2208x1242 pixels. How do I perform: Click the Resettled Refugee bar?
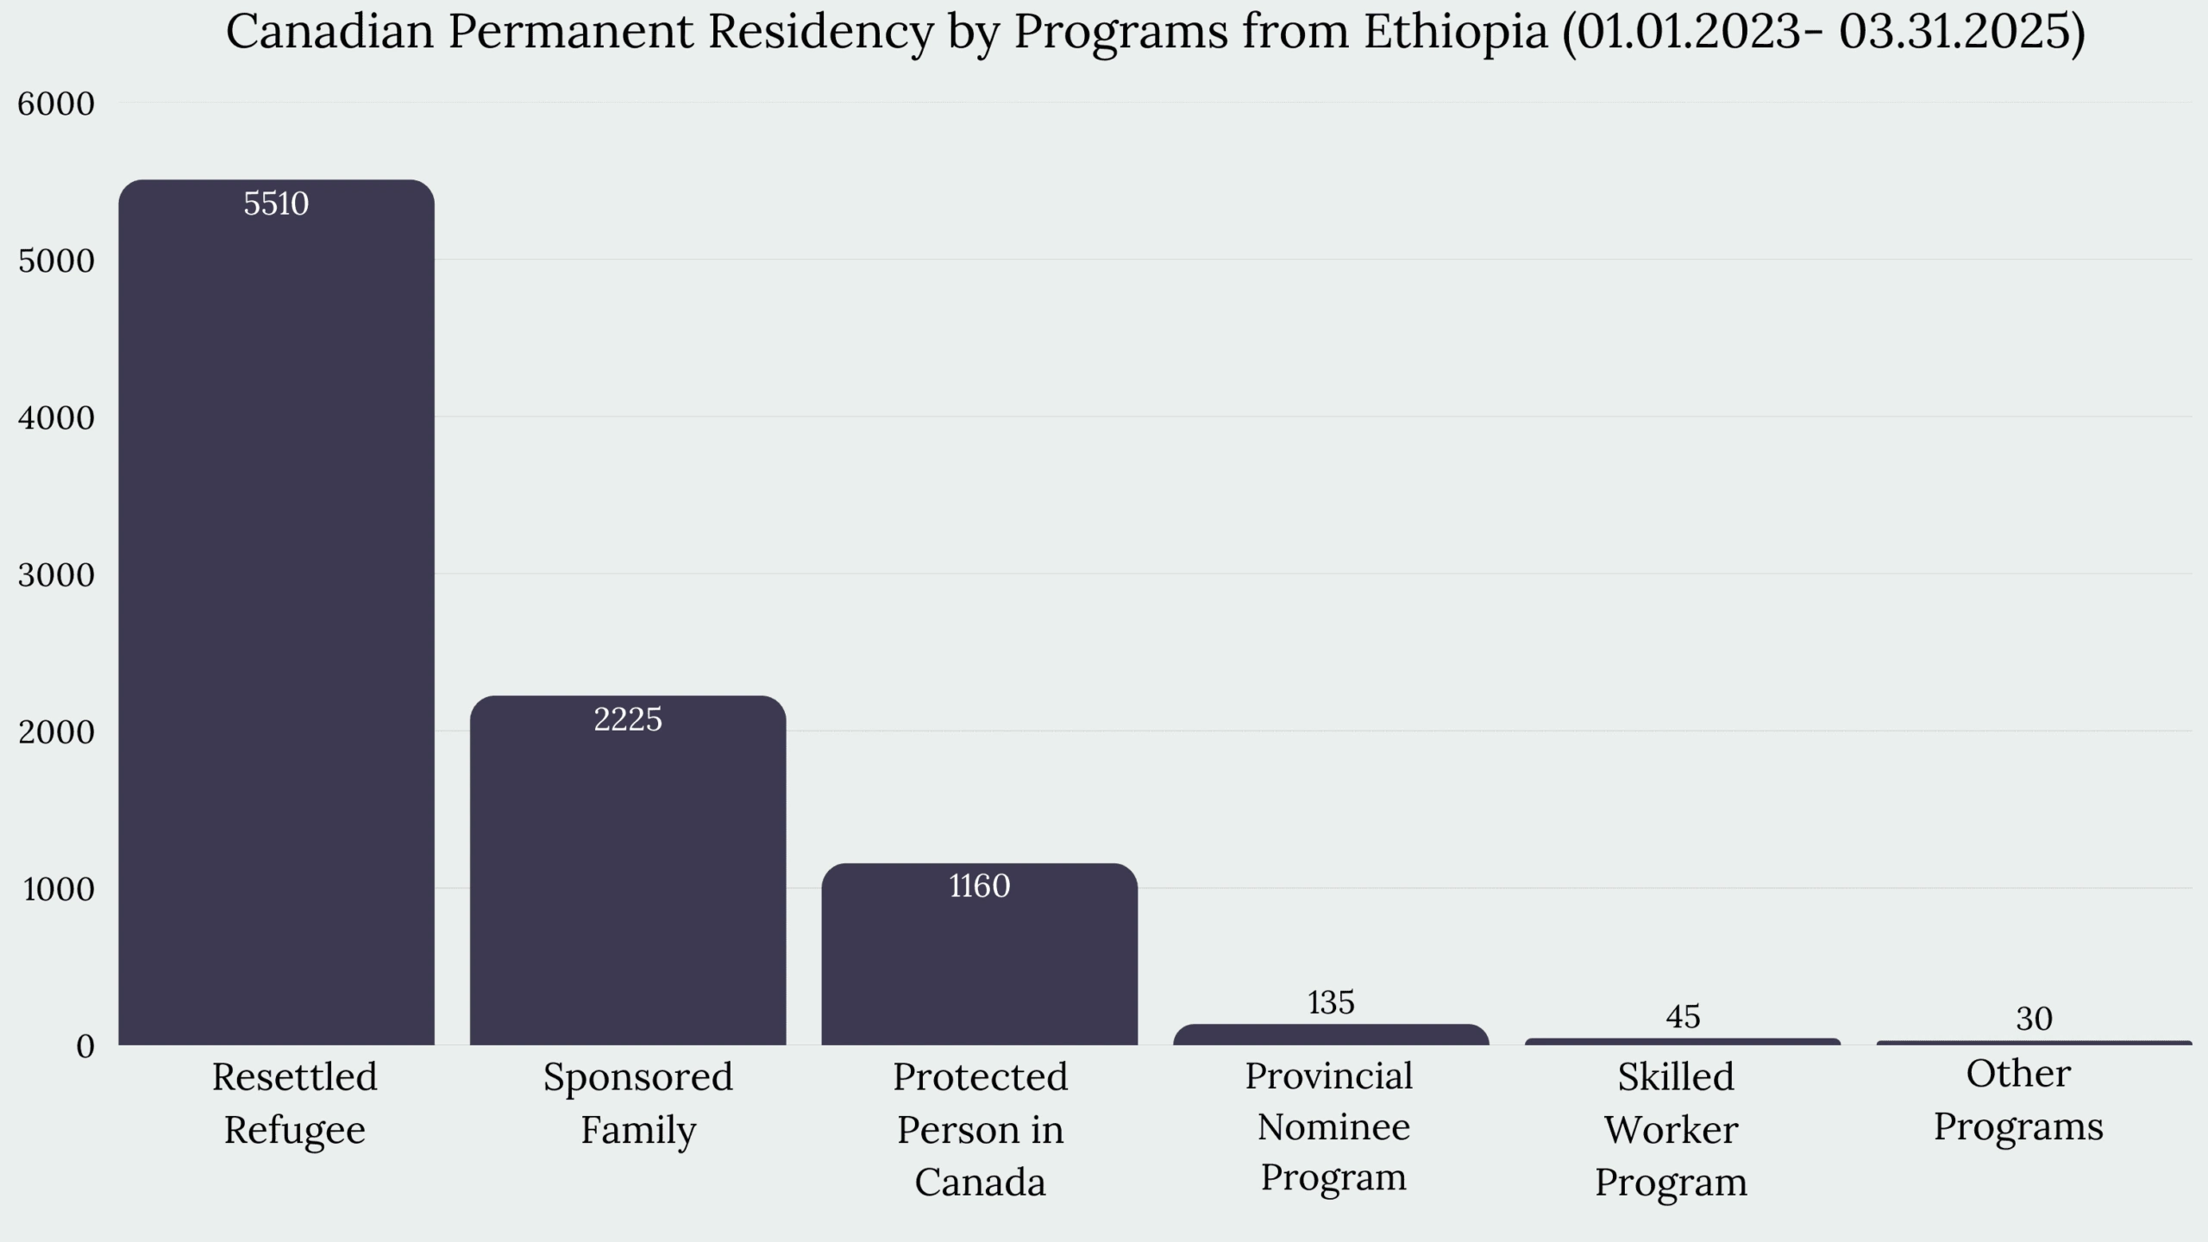click(276, 612)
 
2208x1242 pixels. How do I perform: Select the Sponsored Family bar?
click(628, 871)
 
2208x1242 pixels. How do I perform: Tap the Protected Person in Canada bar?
click(979, 957)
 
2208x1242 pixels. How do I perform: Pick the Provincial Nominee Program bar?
click(1331, 1035)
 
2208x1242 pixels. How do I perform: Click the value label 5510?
click(276, 204)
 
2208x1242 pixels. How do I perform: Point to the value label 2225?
click(628, 719)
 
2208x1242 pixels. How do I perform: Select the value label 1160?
click(979, 886)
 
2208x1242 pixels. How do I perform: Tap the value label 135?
click(1331, 1002)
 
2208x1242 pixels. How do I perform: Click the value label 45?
click(1683, 1017)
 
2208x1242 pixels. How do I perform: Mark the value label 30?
click(2034, 1019)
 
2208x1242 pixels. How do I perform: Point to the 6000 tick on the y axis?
click(56, 103)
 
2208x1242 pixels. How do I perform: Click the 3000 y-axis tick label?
click(56, 574)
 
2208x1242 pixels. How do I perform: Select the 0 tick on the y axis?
click(85, 1046)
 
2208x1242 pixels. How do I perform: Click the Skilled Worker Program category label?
click(1672, 1128)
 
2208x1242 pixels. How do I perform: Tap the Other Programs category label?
click(2018, 1101)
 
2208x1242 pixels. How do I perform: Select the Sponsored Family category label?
click(637, 1103)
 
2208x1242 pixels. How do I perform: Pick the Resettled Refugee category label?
click(295, 1103)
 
